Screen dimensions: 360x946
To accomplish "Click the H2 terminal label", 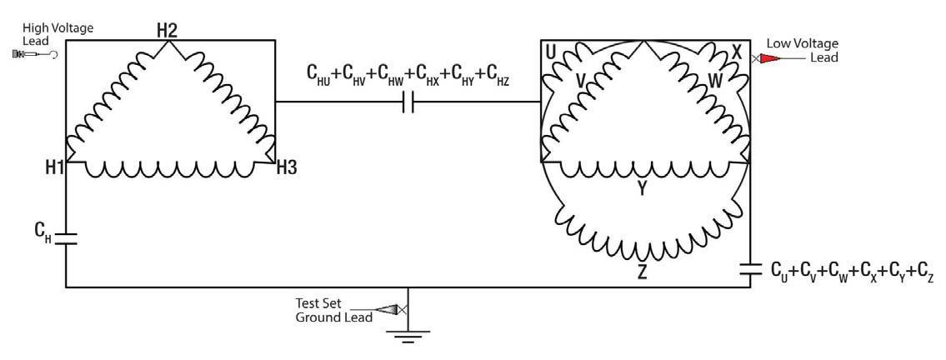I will (168, 30).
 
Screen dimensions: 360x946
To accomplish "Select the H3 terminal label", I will (287, 167).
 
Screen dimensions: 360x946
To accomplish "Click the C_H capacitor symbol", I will (66, 237).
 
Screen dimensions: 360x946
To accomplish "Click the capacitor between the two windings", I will (408, 102).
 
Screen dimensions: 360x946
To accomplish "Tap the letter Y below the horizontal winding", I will (642, 189).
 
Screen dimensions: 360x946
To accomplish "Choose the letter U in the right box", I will (551, 52).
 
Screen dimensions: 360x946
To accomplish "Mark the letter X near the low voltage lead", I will (737, 52).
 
